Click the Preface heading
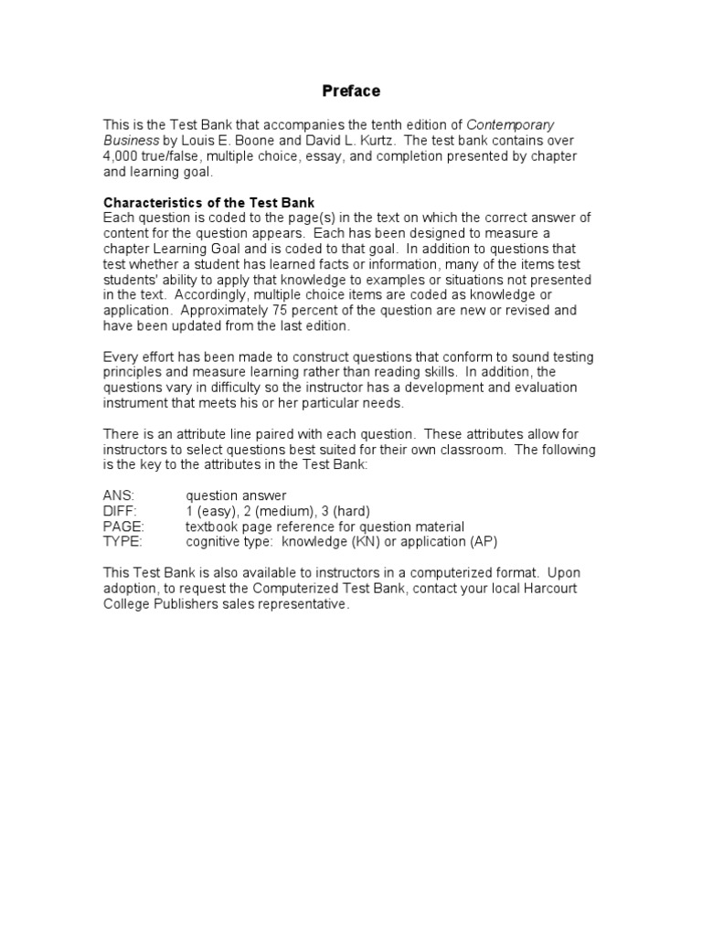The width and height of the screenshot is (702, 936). [351, 91]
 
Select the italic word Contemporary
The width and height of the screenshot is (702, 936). [510, 125]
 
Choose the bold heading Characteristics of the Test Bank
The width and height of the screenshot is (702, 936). [209, 202]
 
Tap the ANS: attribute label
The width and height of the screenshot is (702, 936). [119, 496]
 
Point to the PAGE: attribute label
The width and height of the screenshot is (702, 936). [123, 527]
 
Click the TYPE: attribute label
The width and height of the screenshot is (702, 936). [122, 542]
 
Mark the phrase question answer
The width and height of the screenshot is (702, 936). [236, 496]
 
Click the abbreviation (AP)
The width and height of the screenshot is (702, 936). [484, 542]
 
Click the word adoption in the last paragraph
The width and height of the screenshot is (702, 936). [131, 590]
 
